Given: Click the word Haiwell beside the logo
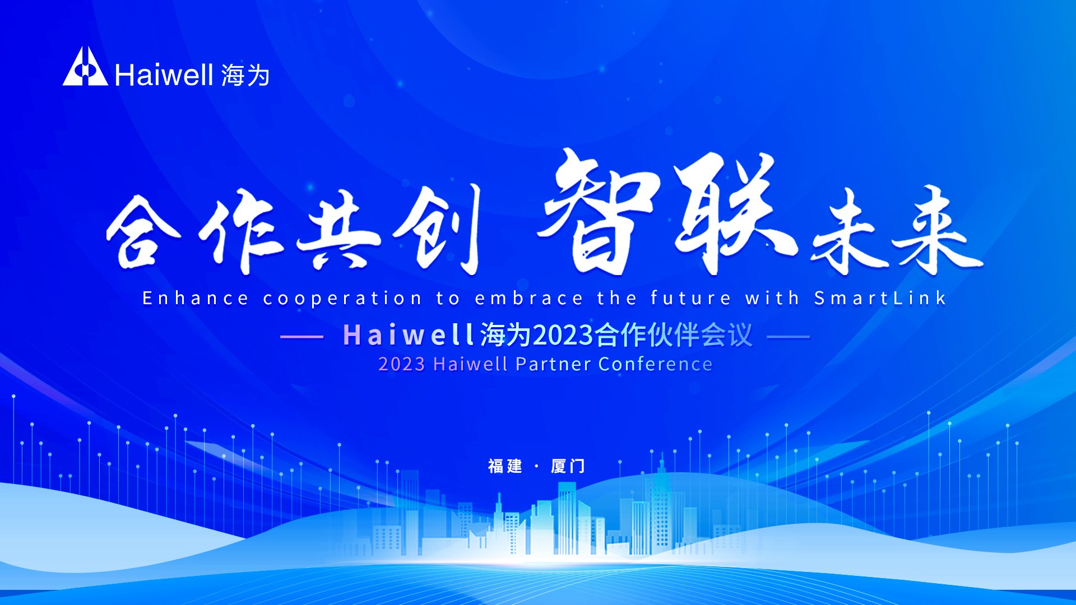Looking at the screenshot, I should tap(164, 75).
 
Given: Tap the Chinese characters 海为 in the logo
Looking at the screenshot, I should tap(245, 76).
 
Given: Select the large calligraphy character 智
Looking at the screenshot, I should tap(597, 213).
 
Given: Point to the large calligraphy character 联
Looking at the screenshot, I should tap(729, 213).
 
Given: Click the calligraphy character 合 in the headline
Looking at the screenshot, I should tap(143, 232).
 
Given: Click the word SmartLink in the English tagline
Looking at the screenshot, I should tap(880, 298).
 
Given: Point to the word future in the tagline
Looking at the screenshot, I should tap(690, 298).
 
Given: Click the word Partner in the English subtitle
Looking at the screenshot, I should tap(553, 364).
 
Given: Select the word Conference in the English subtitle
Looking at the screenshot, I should tap(655, 364).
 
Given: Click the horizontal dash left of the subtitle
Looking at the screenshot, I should tap(302, 337).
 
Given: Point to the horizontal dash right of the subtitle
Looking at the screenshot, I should tap(788, 337).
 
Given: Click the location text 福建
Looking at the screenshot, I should tap(505, 466).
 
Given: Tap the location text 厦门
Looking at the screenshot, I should tap(568, 466).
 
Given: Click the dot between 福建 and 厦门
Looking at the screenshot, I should tap(537, 466).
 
